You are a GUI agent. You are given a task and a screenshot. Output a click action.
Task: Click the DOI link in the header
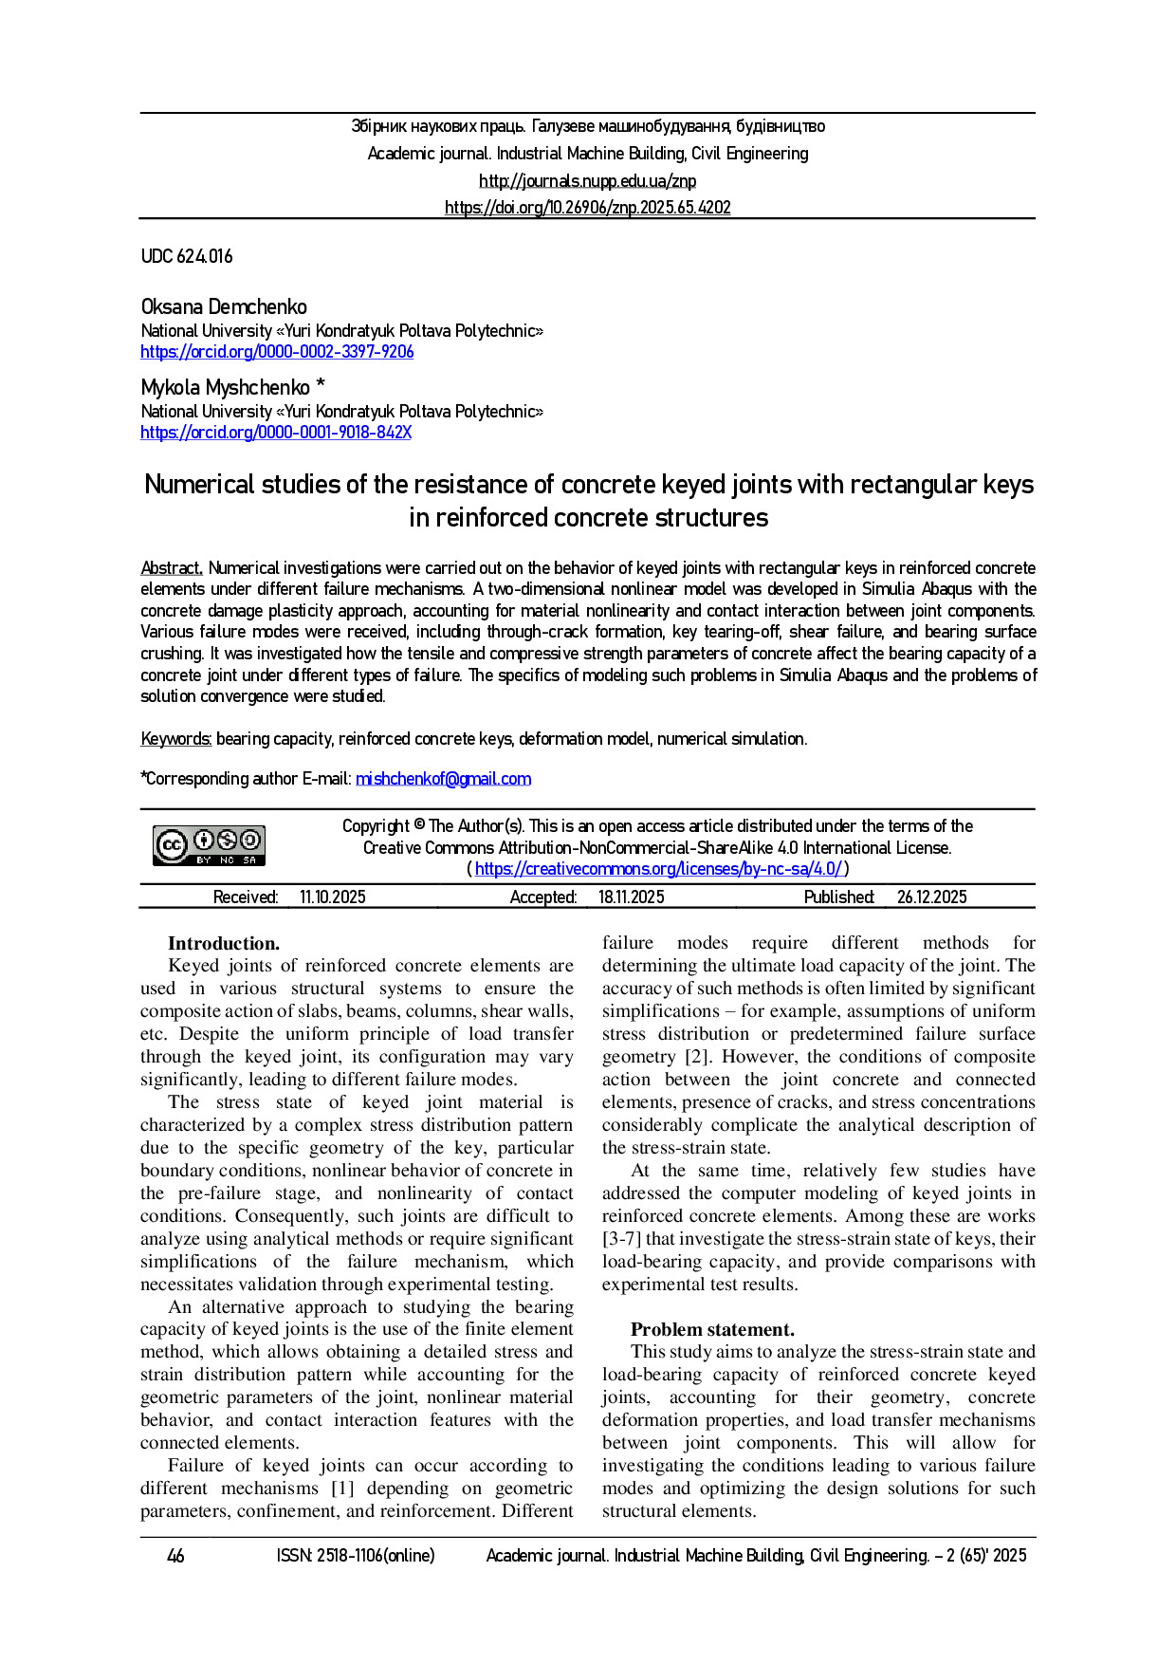[587, 208]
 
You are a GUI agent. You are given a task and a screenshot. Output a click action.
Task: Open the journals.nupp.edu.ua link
[587, 181]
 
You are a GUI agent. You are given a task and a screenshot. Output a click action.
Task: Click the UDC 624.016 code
[187, 256]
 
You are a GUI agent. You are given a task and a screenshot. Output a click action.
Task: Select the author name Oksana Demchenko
[224, 307]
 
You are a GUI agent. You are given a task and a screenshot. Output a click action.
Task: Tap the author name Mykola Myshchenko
[226, 388]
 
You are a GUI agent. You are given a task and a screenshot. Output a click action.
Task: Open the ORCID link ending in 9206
[277, 352]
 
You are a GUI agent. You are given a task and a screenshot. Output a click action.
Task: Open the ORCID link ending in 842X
[276, 433]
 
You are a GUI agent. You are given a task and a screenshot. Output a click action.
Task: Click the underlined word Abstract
[172, 568]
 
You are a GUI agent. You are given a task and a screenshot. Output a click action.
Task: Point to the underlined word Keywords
[176, 739]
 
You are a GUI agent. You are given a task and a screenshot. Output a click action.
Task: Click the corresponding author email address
[443, 779]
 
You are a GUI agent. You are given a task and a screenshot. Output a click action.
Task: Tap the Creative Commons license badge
[209, 844]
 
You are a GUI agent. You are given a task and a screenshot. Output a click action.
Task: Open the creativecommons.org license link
[657, 869]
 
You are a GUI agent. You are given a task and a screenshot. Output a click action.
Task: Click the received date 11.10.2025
[332, 897]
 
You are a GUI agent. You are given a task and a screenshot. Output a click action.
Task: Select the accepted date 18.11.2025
[631, 897]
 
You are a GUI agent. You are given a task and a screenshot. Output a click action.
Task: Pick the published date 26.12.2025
[931, 897]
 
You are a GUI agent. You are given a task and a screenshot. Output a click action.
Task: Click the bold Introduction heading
[224, 943]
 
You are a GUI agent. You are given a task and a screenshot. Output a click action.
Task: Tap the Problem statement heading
[712, 1329]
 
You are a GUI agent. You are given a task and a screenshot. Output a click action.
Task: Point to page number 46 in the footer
[175, 1556]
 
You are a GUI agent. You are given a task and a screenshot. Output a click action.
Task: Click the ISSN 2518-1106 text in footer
[356, 1556]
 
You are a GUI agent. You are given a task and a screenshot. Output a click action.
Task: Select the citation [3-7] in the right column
[622, 1239]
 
